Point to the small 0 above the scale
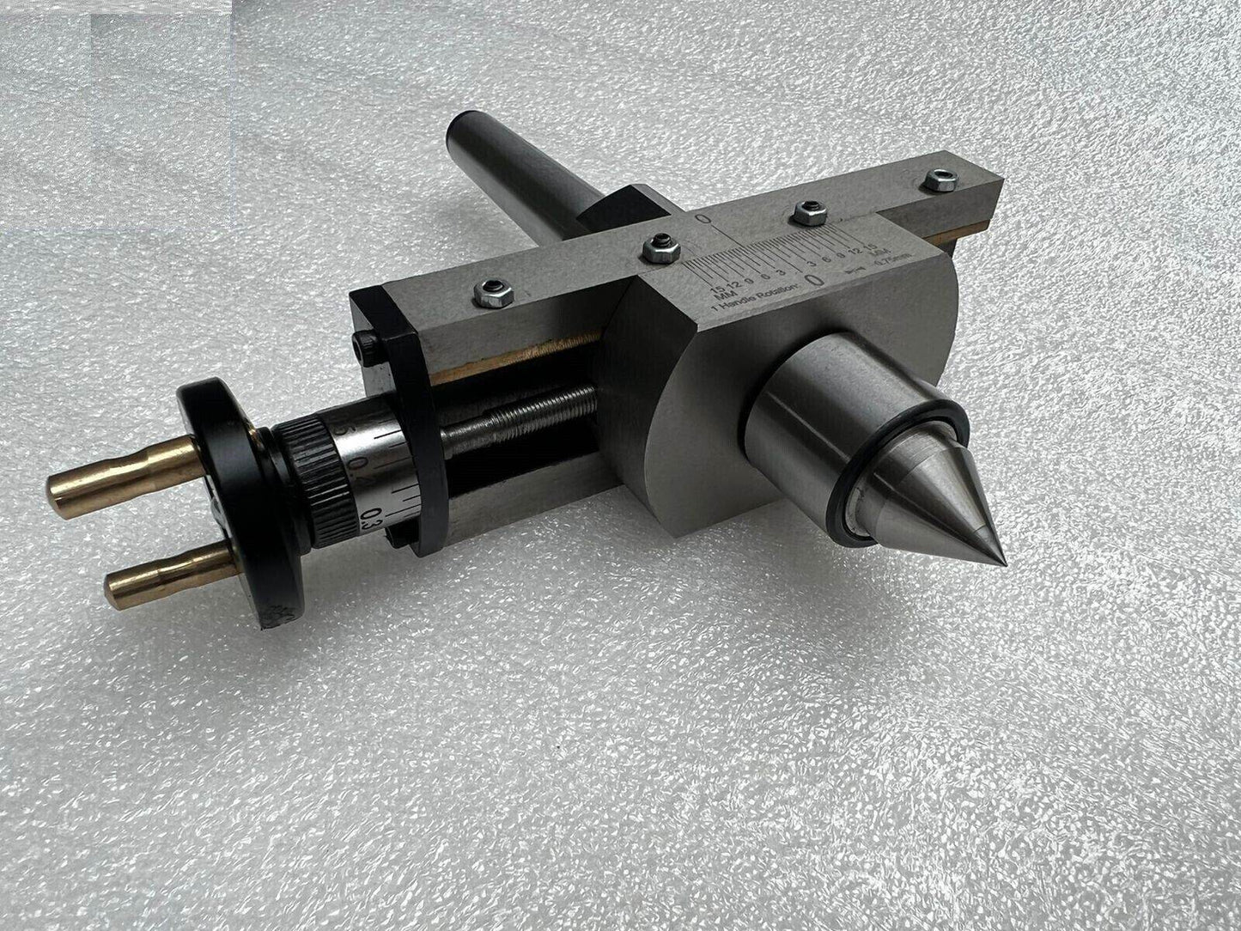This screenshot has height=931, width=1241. click(704, 221)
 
